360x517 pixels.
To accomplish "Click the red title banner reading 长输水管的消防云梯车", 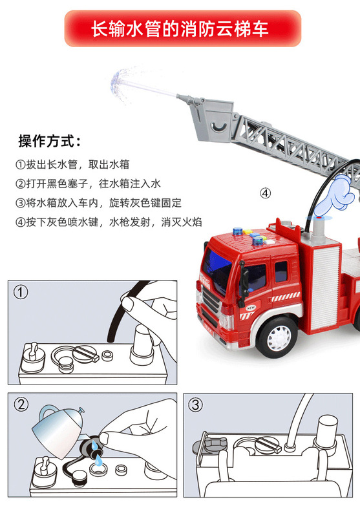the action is click(183, 28).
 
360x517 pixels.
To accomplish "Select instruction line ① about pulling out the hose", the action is click(72, 164).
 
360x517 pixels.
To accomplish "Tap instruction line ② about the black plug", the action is click(88, 184).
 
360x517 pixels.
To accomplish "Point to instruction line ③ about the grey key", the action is click(99, 202).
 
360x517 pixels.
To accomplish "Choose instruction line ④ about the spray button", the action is click(109, 222).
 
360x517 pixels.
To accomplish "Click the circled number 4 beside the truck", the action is click(266, 193).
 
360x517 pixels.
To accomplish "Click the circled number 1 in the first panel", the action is click(21, 292).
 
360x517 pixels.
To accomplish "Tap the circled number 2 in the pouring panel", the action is click(21, 405).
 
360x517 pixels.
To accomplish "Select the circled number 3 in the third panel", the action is click(195, 405).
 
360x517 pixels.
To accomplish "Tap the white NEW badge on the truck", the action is click(251, 308).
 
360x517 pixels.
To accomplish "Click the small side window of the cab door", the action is click(281, 271).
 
